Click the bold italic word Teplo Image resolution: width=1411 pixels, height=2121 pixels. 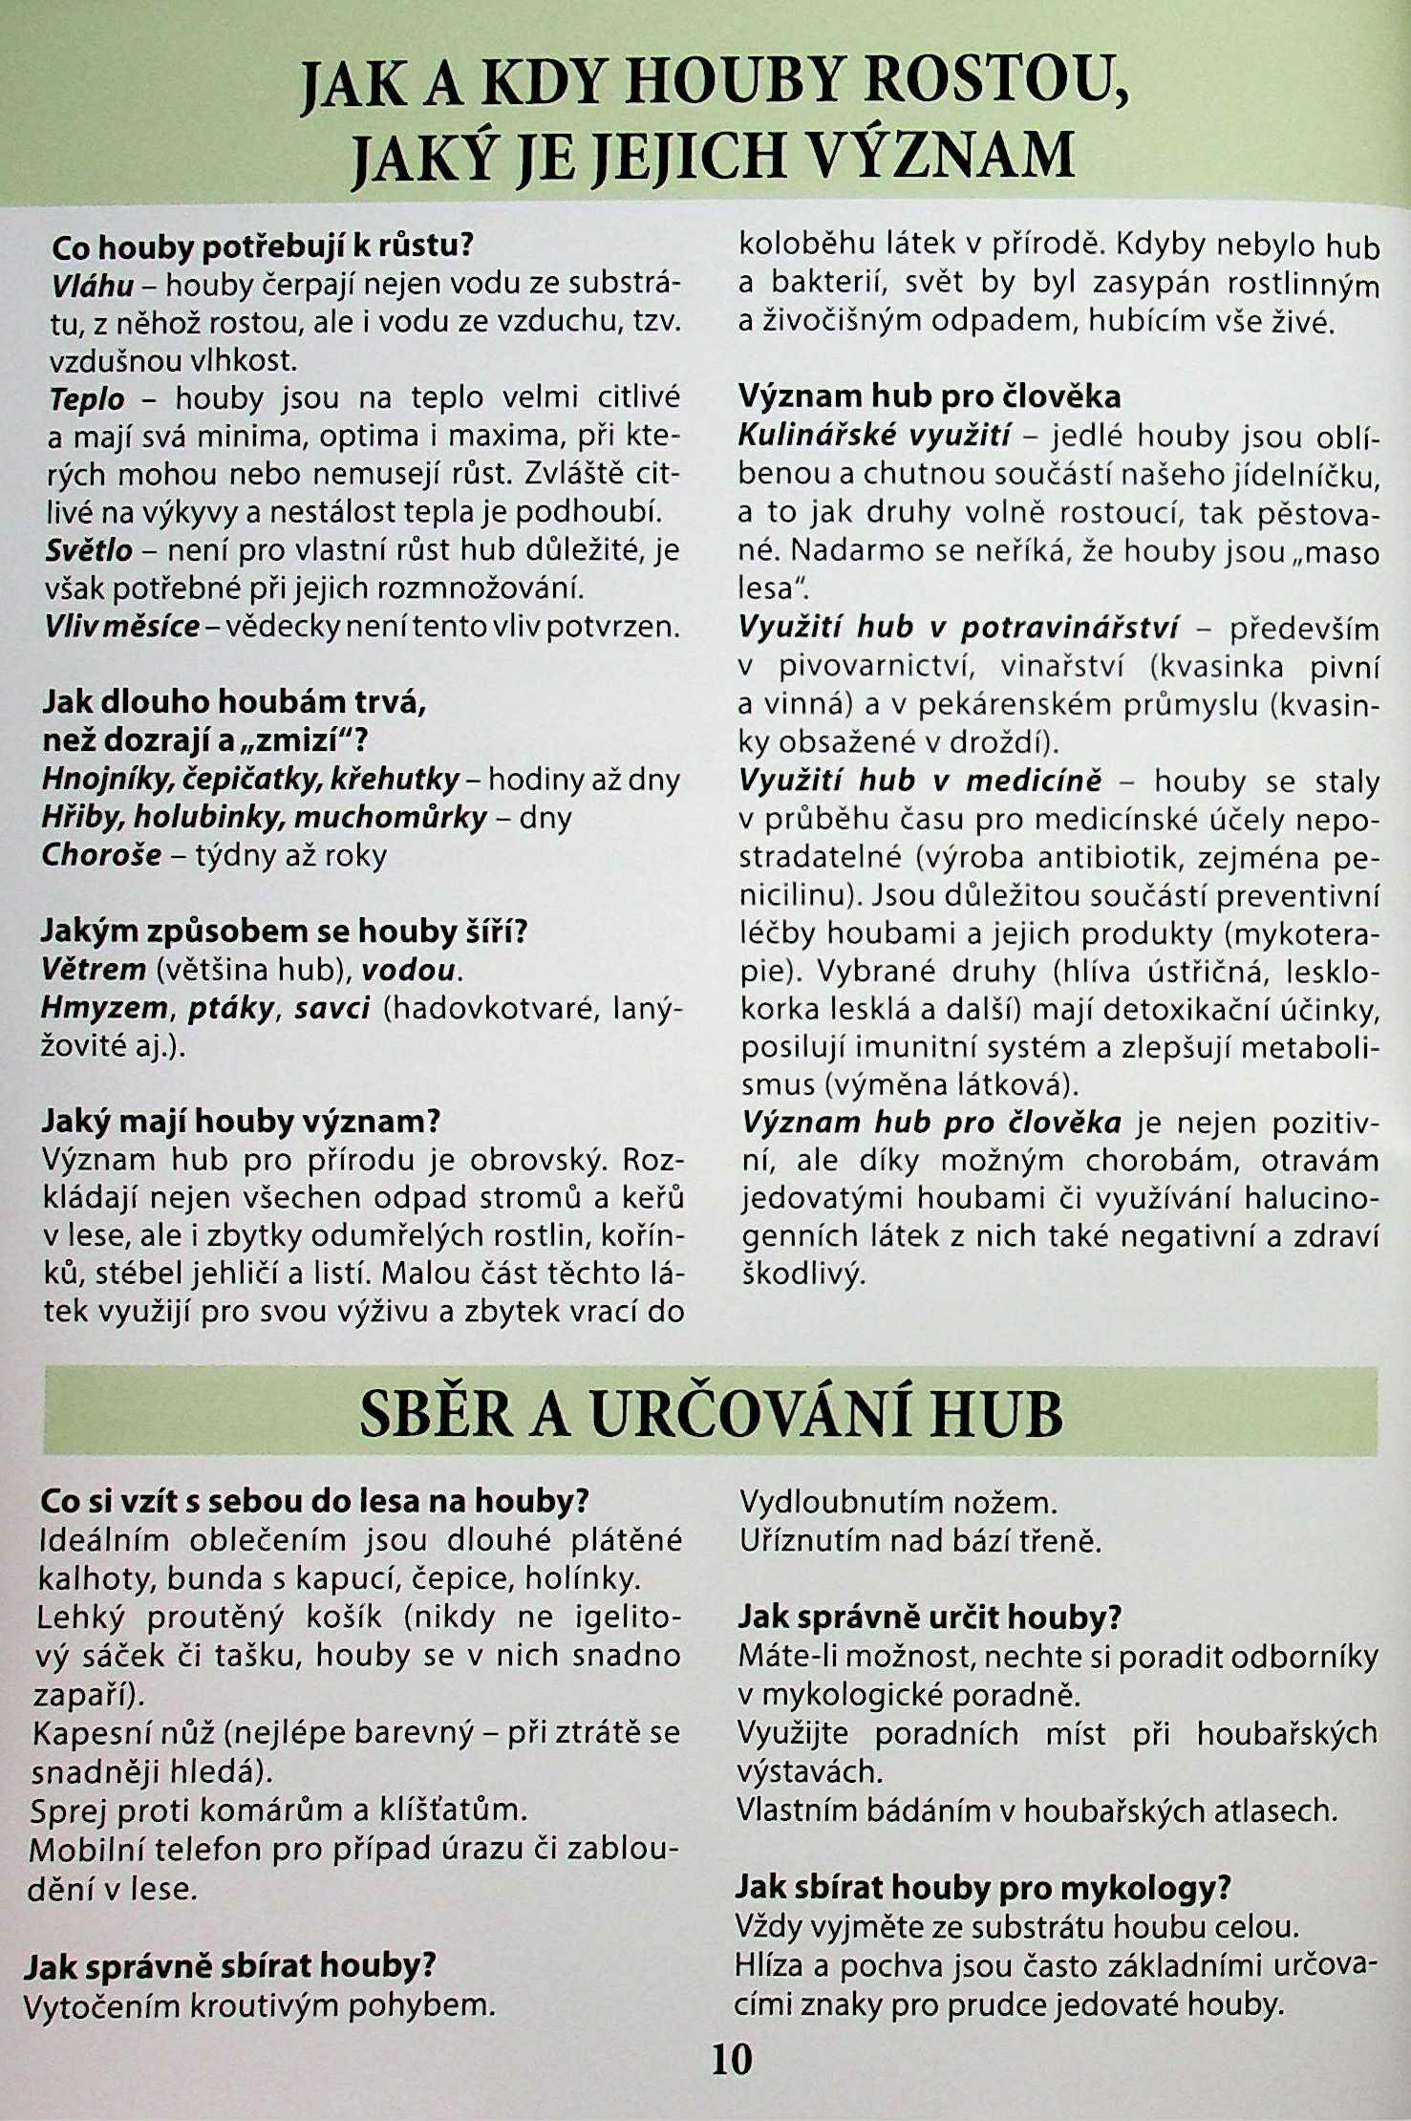point(87,398)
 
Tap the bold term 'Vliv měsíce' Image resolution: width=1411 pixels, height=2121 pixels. point(122,627)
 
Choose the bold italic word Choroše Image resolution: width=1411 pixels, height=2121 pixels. point(101,854)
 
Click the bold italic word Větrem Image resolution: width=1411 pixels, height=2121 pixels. point(94,970)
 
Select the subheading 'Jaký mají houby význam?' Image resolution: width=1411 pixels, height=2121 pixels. point(241,1121)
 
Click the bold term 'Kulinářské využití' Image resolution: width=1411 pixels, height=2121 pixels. point(874,437)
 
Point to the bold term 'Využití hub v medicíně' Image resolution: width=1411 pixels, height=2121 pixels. point(920,781)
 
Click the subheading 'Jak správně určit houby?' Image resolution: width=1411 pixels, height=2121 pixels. point(930,1617)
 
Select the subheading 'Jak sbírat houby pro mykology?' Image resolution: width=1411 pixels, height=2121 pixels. point(983,1887)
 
